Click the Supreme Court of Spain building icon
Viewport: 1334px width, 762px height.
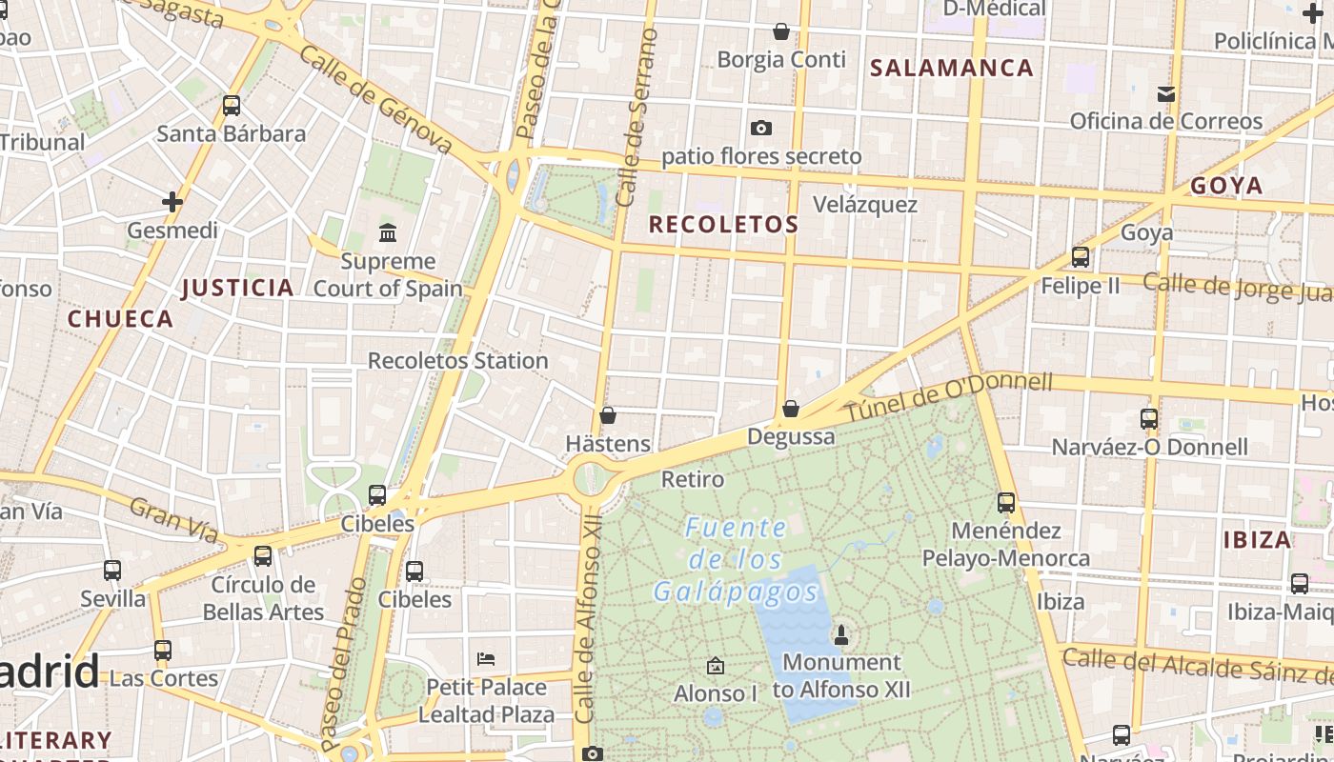pyautogui.click(x=388, y=232)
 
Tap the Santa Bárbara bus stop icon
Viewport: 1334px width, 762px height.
pyautogui.click(x=232, y=106)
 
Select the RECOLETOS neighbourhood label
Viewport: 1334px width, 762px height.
pyautogui.click(x=723, y=225)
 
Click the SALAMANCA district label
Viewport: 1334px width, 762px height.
pyautogui.click(x=951, y=68)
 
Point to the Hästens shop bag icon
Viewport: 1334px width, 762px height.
pyautogui.click(x=607, y=415)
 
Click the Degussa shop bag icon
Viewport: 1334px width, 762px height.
pyautogui.click(x=791, y=410)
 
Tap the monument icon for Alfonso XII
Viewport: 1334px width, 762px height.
pyautogui.click(x=841, y=633)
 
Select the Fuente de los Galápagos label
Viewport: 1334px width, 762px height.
pyautogui.click(x=736, y=560)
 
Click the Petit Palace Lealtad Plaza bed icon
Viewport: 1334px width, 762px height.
pyautogui.click(x=486, y=659)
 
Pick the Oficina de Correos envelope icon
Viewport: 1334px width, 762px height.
pyautogui.click(x=1165, y=93)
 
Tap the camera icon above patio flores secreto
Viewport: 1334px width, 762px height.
pyautogui.click(x=760, y=128)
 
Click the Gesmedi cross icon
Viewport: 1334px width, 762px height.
pyautogui.click(x=172, y=202)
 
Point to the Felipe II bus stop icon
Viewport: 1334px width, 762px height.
pyautogui.click(x=1080, y=257)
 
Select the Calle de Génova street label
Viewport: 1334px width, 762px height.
pyautogui.click(x=375, y=98)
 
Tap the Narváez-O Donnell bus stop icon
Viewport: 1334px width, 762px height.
pyautogui.click(x=1149, y=419)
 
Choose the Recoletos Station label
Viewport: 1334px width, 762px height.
pyautogui.click(x=457, y=361)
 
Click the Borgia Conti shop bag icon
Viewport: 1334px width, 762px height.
pyautogui.click(x=781, y=31)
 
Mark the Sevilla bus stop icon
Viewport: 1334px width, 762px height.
pyautogui.click(x=112, y=571)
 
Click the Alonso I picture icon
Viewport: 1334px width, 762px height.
pyautogui.click(x=716, y=666)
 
